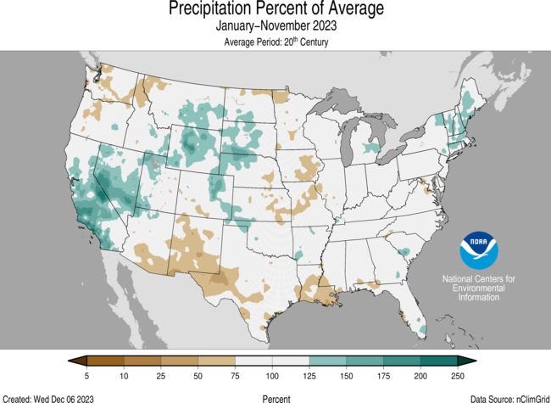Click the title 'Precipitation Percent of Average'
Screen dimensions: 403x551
pos(275,9)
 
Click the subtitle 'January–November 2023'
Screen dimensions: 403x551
pos(275,26)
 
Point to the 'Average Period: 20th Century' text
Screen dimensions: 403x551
pos(275,42)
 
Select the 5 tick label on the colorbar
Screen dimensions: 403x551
pos(87,376)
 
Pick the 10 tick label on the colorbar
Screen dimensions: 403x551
pos(124,376)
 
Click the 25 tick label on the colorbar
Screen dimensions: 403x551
pos(161,376)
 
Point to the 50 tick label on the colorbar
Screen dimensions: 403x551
pos(198,376)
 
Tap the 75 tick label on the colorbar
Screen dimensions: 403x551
pos(235,376)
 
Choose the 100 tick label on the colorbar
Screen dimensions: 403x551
pos(272,376)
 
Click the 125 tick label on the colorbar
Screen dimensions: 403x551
pos(309,376)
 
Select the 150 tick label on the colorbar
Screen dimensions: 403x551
pos(346,376)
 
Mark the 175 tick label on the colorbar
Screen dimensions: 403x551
pos(383,376)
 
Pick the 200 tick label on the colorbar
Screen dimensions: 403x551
pos(420,376)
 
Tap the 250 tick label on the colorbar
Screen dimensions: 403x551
pos(458,376)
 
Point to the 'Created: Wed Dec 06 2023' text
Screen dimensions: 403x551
pos(47,398)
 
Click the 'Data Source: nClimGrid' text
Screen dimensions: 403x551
pos(506,398)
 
